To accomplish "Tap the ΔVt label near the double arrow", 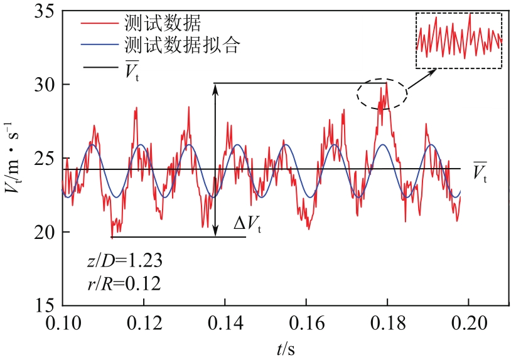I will [x=247, y=226].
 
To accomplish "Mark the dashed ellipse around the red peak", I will [x=382, y=94].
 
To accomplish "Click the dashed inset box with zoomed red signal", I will [x=459, y=41].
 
